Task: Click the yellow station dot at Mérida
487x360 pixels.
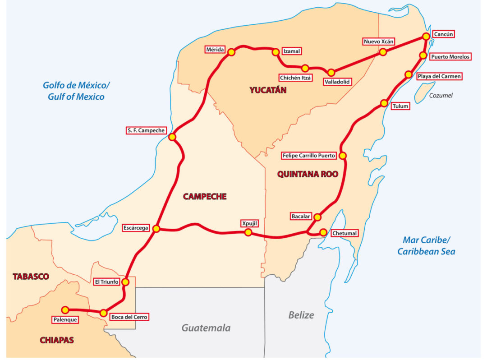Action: click(231, 52)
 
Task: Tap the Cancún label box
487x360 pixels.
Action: click(443, 34)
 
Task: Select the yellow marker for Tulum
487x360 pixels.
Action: click(384, 103)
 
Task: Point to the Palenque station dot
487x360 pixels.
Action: click(65, 310)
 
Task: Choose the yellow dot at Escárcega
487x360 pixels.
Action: click(156, 229)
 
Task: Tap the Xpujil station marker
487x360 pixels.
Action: click(248, 232)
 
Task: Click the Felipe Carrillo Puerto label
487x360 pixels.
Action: click(309, 156)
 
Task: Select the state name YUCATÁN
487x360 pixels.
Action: click(268, 90)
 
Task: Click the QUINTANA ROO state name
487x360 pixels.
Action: click(308, 174)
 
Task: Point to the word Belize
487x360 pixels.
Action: click(301, 315)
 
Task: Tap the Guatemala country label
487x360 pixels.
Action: click(206, 328)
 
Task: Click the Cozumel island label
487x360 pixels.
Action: click(441, 96)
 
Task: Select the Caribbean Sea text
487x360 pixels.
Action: click(426, 251)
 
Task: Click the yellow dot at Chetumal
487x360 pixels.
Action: click(323, 232)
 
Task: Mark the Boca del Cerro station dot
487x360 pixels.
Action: click(103, 313)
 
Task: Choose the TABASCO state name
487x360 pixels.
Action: click(31, 276)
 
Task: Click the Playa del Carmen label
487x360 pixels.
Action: click(439, 76)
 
